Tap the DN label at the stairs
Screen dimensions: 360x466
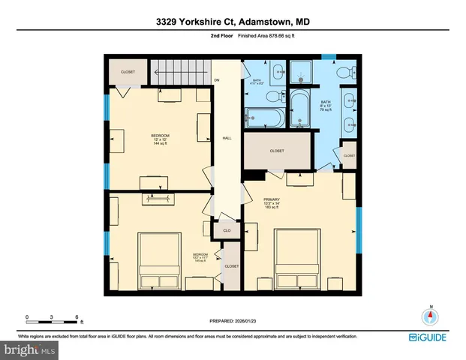[217, 79]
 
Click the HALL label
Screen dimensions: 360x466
[226, 139]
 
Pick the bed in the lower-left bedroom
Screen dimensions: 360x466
[159, 259]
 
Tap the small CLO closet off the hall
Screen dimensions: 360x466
[226, 231]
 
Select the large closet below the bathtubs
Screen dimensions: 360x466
[277, 151]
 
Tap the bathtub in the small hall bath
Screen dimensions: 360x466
[263, 118]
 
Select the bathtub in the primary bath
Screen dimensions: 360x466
[299, 110]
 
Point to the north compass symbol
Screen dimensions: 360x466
[431, 316]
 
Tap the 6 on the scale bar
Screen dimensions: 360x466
[77, 316]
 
